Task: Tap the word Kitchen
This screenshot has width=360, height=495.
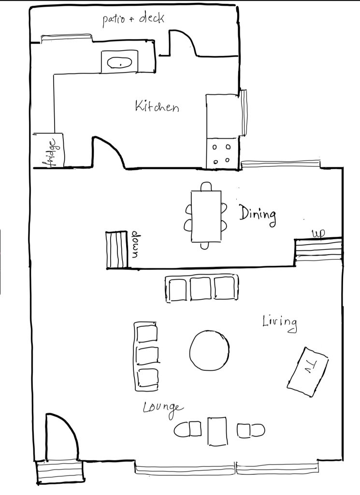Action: click(157, 106)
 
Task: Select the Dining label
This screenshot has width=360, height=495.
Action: click(258, 215)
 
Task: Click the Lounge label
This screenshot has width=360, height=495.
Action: click(163, 409)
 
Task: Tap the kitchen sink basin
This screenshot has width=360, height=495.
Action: click(119, 62)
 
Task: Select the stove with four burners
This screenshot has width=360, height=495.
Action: click(222, 153)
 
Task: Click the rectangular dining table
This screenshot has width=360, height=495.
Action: click(206, 216)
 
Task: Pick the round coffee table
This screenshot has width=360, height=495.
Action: click(210, 350)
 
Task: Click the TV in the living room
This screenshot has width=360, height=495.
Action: click(308, 372)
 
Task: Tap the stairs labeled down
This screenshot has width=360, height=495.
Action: click(116, 250)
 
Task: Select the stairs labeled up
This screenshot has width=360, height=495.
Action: click(318, 249)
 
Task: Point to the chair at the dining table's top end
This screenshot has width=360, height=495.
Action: click(206, 186)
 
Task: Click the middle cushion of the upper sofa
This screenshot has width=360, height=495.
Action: click(201, 289)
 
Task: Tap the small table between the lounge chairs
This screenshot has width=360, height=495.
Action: click(217, 431)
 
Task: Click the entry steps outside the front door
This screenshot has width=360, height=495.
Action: click(60, 472)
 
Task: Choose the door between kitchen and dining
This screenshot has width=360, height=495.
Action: click(109, 151)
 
